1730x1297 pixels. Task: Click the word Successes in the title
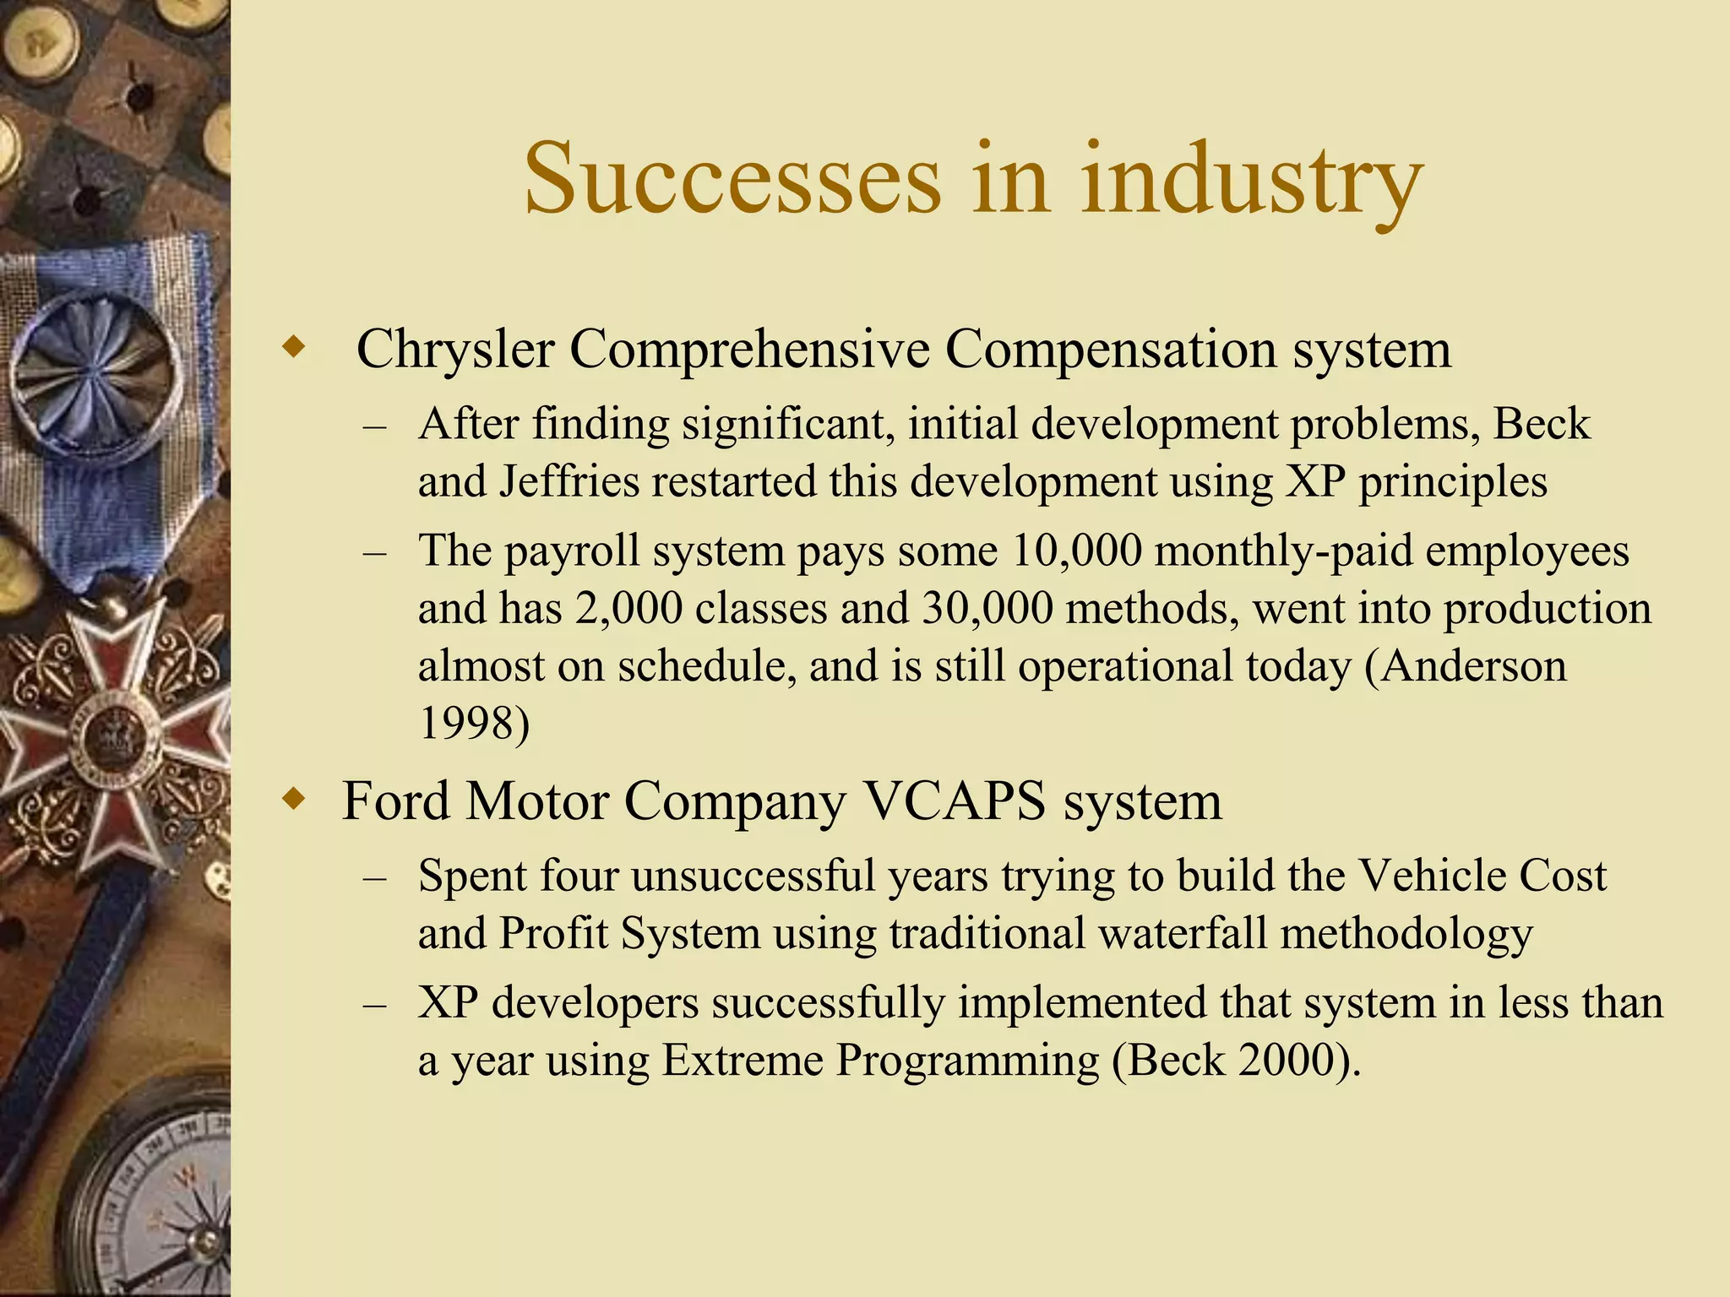coord(732,179)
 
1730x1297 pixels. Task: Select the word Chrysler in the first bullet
coord(455,348)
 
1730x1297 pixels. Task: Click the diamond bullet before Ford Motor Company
coord(293,798)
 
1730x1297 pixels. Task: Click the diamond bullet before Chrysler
coord(293,347)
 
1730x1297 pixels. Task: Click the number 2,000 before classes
coord(628,608)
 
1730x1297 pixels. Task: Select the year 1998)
coord(474,724)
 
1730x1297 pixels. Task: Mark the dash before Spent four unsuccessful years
coord(375,878)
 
